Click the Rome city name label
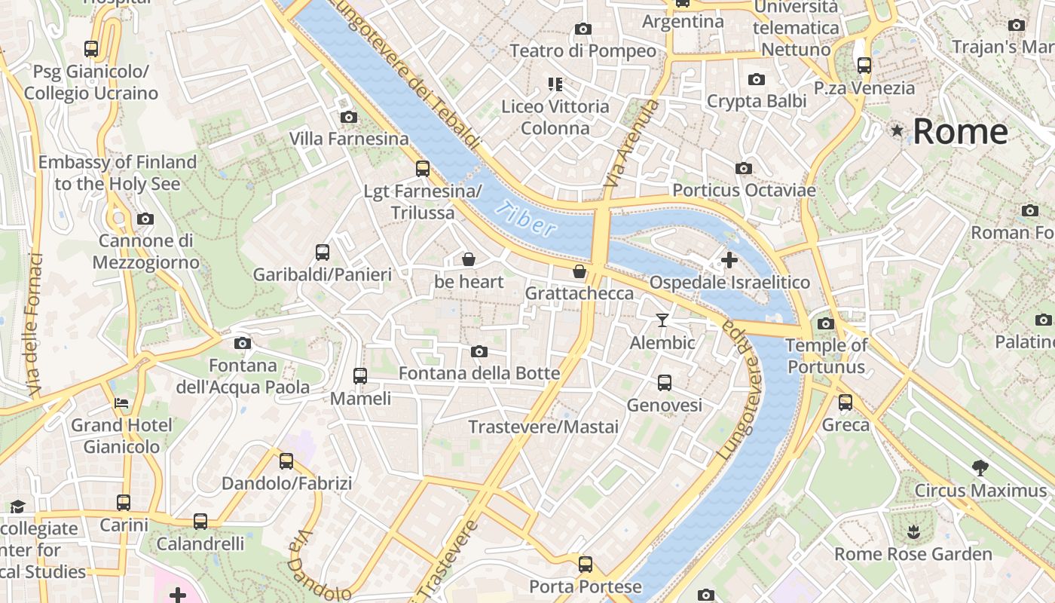pos(960,132)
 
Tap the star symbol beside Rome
pos(897,131)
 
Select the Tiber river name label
pos(528,219)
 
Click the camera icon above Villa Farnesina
pos(348,117)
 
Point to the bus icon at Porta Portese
pos(585,564)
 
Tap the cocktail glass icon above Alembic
pos(662,320)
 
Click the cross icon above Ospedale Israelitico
pos(729,260)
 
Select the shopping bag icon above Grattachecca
pos(579,271)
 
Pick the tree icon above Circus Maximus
pos(980,468)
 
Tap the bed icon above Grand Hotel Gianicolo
pos(121,403)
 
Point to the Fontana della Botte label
pos(479,373)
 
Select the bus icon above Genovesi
pos(664,383)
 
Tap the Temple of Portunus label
pos(826,357)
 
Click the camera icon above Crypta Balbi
pos(756,80)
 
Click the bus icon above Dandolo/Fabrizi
pos(286,461)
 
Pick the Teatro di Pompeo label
pos(583,51)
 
